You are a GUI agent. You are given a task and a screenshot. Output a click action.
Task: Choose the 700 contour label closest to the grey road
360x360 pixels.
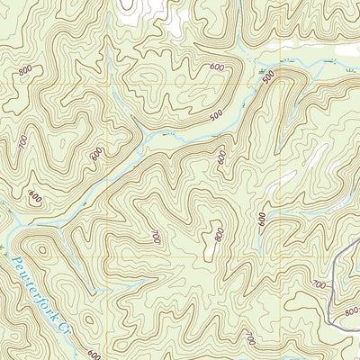318,284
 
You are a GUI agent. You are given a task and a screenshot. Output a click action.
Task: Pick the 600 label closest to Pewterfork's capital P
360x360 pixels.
35,197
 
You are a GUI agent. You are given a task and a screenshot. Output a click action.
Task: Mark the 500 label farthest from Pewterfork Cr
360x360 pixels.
267,79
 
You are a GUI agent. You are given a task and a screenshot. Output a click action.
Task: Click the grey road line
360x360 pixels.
335,270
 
